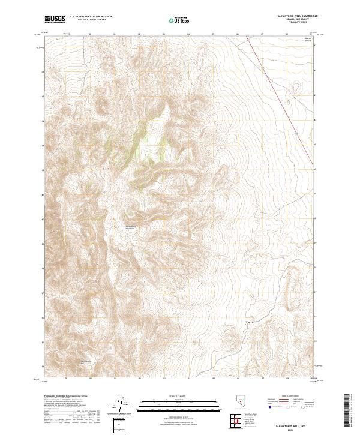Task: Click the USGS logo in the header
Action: pos(55,20)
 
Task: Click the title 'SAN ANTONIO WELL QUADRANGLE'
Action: pos(293,17)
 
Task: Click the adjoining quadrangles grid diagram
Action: pos(239,420)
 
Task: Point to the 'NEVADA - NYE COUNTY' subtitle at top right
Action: pos(293,20)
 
